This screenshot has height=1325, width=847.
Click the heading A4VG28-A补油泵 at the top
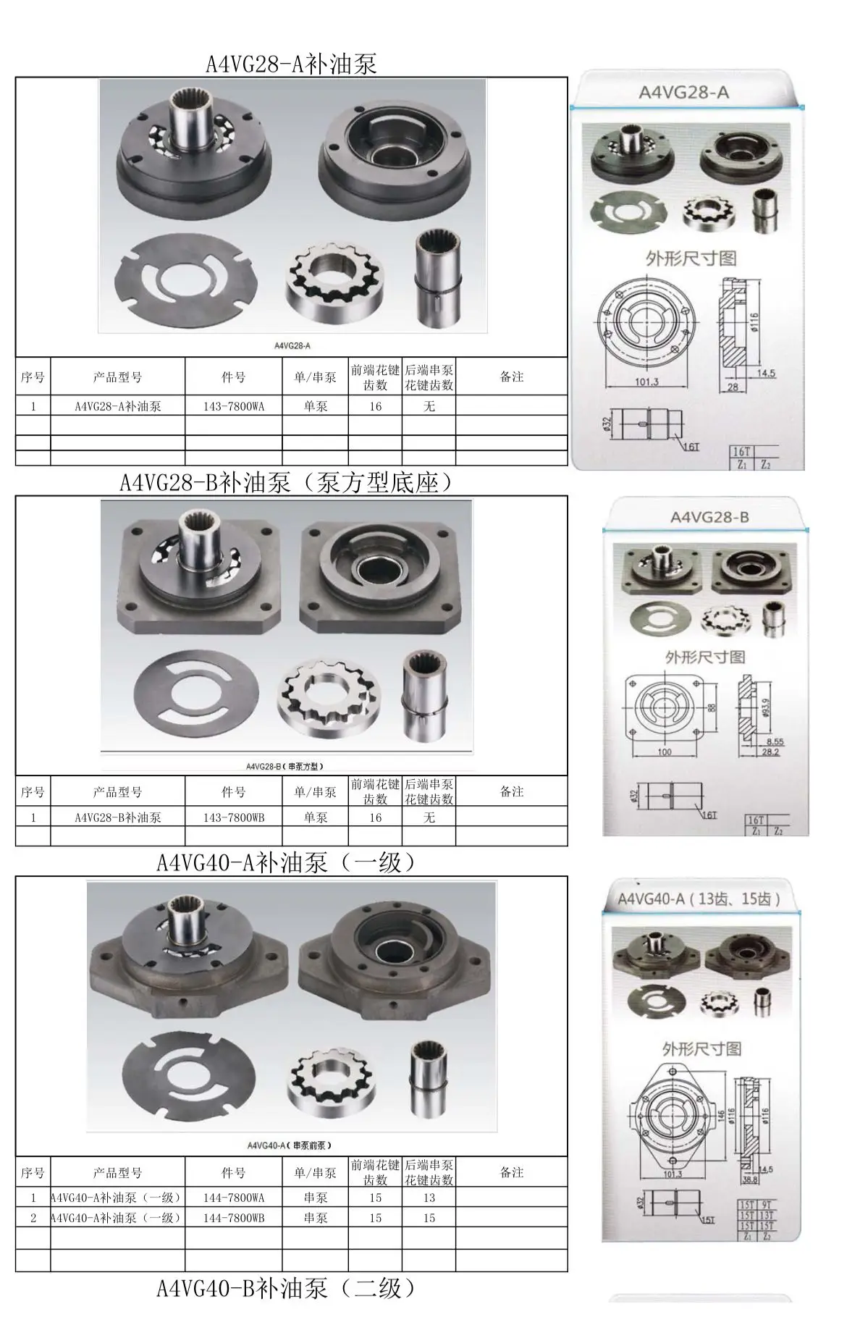(x=291, y=64)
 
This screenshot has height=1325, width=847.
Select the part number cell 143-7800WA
(x=233, y=406)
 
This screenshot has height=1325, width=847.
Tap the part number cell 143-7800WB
(x=233, y=817)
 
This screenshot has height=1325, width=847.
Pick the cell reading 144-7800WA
(x=233, y=1198)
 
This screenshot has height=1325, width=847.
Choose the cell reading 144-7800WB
(x=233, y=1218)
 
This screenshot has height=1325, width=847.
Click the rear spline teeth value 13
(x=429, y=1198)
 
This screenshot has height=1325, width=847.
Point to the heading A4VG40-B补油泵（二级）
(x=287, y=1288)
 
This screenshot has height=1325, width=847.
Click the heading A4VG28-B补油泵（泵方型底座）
(x=287, y=482)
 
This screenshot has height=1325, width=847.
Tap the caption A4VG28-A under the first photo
(x=292, y=346)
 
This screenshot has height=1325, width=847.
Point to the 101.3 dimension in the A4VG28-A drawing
(x=646, y=382)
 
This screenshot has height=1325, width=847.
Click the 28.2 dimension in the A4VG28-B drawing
(x=771, y=752)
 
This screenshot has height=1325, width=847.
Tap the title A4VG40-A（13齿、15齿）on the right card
(x=699, y=899)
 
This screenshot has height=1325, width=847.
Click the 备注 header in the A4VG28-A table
(x=511, y=377)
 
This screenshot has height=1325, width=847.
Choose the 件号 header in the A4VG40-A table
(x=233, y=1173)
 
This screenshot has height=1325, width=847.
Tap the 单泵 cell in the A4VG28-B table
(x=315, y=817)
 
